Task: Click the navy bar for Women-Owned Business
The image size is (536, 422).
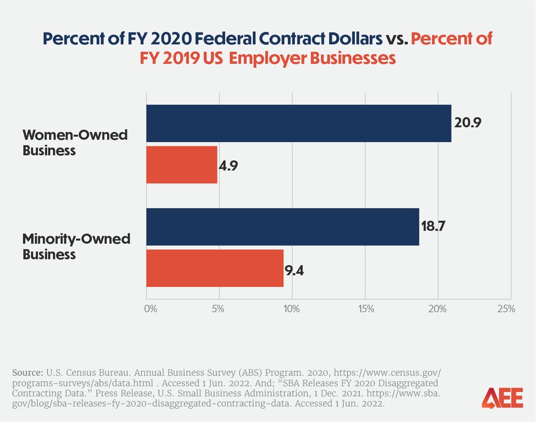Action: tap(299, 123)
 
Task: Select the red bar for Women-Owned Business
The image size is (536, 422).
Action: tap(181, 165)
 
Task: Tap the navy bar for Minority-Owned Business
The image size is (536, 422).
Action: tap(283, 227)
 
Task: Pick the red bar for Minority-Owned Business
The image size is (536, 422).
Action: tap(215, 268)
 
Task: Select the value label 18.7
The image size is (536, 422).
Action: tap(435, 227)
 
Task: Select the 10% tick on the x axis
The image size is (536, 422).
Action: tap(291, 309)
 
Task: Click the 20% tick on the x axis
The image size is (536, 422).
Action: tap(438, 309)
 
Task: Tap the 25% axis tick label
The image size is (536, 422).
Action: tap(506, 309)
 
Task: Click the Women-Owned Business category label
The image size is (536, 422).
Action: tap(75, 142)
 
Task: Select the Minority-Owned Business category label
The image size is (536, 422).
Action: tap(76, 247)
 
